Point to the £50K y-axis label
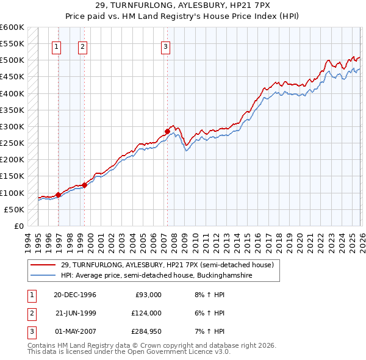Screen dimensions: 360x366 13,209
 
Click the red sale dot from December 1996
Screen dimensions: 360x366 58,195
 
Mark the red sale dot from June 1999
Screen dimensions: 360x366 84,185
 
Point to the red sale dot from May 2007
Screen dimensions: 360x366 167,131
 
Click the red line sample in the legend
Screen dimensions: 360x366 43,265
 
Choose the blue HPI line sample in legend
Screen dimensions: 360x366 43,275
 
